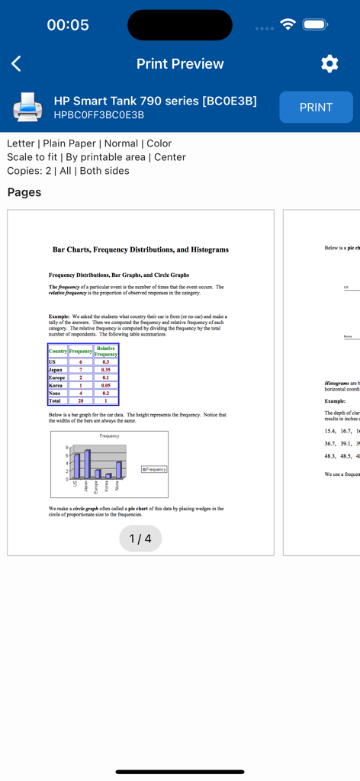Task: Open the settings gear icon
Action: click(x=329, y=64)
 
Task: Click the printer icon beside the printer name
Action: click(x=27, y=108)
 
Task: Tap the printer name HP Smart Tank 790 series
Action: click(x=155, y=101)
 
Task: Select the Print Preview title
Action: click(x=180, y=64)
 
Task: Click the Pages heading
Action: click(x=24, y=192)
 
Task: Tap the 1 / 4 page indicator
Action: click(x=140, y=538)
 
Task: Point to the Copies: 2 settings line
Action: click(x=68, y=171)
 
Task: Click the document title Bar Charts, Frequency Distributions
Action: click(x=140, y=249)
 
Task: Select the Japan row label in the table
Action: click(x=56, y=369)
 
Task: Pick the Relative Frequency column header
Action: click(x=106, y=351)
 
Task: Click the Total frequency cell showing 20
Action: click(x=80, y=400)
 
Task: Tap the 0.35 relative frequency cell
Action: click(x=106, y=369)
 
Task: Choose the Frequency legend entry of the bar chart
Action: click(x=154, y=470)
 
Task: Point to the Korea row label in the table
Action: click(x=56, y=385)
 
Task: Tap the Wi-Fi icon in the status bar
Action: click(x=288, y=24)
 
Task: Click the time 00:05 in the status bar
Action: click(x=68, y=25)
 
